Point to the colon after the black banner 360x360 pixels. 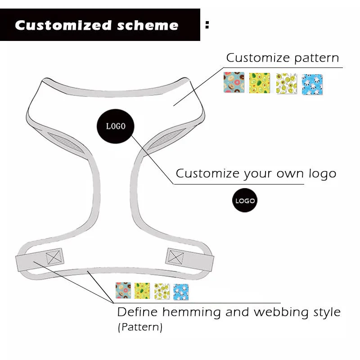207,25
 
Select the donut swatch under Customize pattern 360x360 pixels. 234,83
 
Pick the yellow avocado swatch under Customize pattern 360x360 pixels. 260,83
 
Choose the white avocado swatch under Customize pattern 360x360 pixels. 286,83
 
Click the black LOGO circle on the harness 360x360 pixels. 116,126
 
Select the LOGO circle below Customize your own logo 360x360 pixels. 245,201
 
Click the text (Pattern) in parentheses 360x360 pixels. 140,327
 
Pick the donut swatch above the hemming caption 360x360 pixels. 123,291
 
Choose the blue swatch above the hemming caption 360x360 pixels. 181,292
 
